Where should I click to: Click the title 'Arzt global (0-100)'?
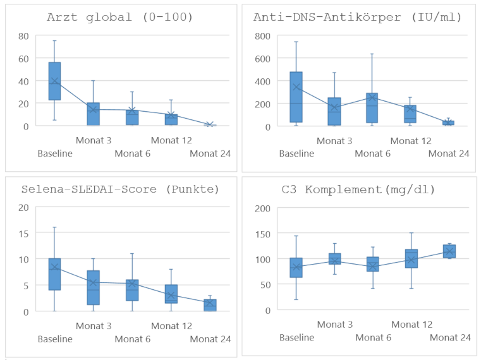point(120,17)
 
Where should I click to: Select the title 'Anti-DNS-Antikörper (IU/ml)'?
point(358,17)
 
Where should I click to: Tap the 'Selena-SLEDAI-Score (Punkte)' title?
point(120,189)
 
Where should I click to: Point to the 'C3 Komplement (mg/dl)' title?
point(358,190)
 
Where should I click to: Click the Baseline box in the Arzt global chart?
point(54,81)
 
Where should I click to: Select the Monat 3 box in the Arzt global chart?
point(94,114)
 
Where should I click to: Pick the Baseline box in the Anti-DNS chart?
point(296,97)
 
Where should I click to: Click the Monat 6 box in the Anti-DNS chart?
point(372,108)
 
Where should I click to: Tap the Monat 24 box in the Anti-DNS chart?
point(448,123)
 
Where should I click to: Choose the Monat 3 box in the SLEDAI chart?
point(94,287)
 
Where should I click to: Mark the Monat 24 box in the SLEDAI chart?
point(210,306)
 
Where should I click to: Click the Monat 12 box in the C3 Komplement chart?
point(411,258)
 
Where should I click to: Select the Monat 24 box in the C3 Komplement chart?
point(449,251)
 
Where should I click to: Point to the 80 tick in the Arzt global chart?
point(23,36)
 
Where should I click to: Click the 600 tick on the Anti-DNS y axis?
point(262,59)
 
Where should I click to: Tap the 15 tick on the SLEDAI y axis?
point(23,234)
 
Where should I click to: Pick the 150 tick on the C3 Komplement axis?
point(262,234)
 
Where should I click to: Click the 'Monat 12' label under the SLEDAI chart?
point(171,326)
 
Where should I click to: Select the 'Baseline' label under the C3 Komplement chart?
point(296,338)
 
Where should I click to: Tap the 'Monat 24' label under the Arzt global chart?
point(210,153)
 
